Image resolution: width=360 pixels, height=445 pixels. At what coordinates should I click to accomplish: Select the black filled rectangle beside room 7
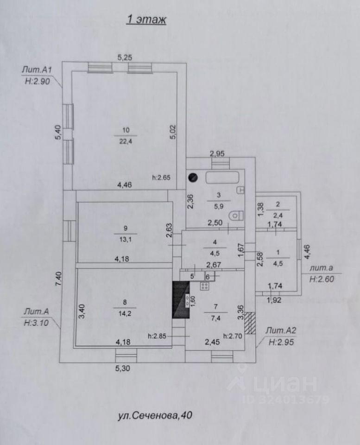coord(180,300)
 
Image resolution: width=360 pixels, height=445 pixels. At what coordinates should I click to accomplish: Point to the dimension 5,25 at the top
coord(125,58)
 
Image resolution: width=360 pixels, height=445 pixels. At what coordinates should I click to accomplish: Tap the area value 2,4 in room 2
coord(278,215)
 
